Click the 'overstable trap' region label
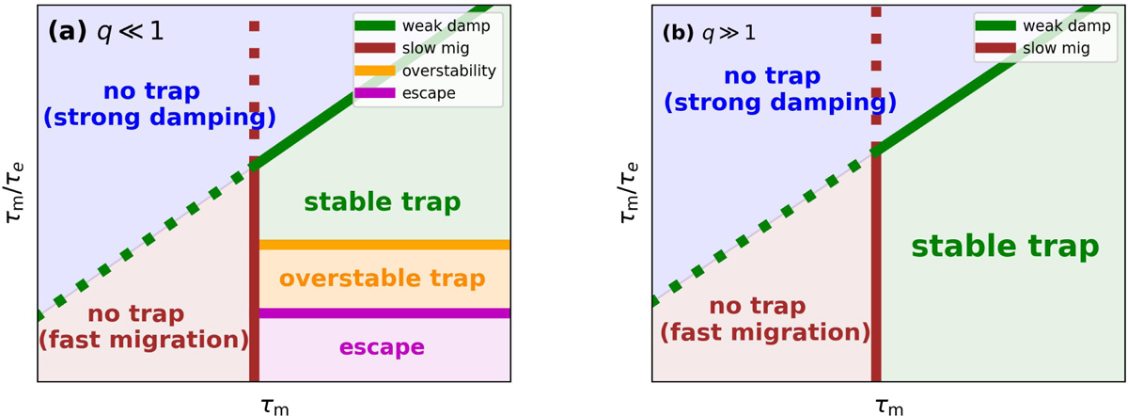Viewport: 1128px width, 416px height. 383,279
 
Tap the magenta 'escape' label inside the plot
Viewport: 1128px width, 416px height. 382,347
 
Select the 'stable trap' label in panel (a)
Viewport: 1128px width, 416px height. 383,201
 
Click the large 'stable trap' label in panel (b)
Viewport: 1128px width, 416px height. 1005,248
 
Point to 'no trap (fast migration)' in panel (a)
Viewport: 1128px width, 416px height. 143,325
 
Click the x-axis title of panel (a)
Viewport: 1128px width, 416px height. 274,403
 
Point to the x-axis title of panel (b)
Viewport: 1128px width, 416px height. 888,403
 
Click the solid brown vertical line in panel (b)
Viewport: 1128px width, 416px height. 876,273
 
